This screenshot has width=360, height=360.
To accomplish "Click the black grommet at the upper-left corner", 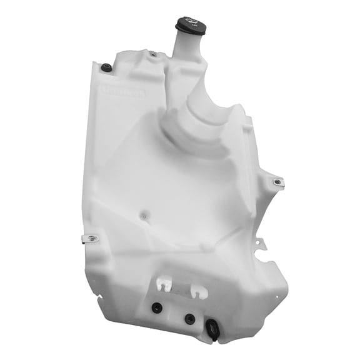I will point(106,67).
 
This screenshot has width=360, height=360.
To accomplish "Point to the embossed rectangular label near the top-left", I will point(123,92).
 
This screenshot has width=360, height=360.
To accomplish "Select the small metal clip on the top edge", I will point(152,54).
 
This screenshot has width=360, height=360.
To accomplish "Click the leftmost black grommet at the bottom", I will point(156,307).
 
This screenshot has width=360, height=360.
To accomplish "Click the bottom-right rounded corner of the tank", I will point(277,312).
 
